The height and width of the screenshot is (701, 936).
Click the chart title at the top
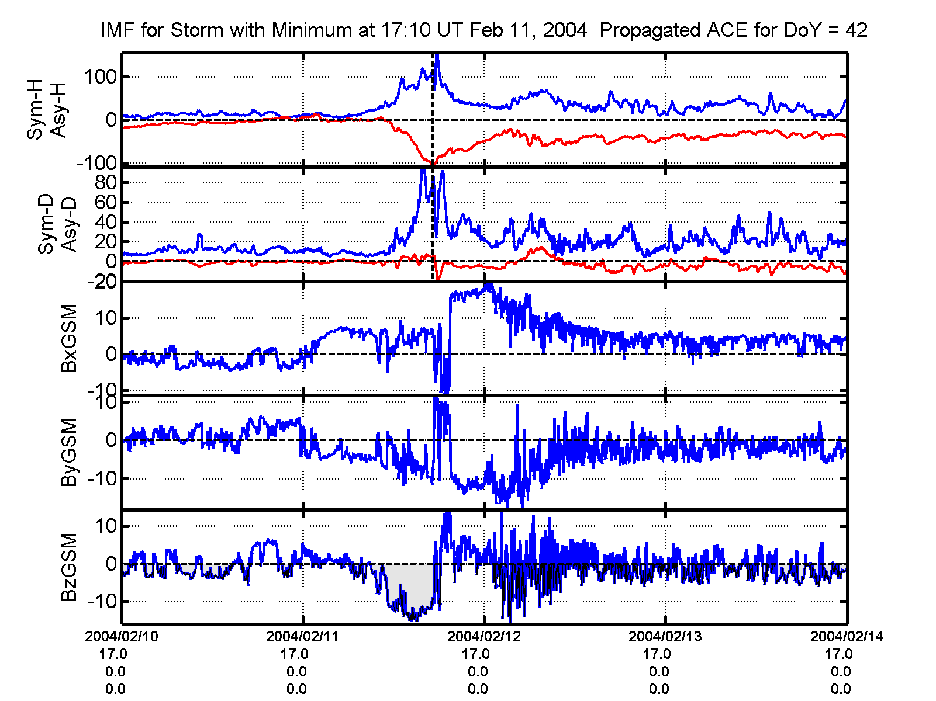pos(483,30)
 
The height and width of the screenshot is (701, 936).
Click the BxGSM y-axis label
pos(69,338)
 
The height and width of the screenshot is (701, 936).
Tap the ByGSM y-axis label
pos(69,452)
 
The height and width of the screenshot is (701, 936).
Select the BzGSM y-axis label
pos(69,567)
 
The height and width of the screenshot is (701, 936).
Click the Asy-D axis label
pos(69,224)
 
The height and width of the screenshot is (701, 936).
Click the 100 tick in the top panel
pos(100,77)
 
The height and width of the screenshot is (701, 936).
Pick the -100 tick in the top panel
pos(96,164)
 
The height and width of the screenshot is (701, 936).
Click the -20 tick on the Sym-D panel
pos(102,282)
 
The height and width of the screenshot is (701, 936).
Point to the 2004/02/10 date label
pos(122,636)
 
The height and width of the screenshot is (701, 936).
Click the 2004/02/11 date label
pos(302,636)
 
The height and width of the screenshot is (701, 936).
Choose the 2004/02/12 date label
pos(483,636)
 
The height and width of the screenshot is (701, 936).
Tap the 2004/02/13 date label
pos(665,636)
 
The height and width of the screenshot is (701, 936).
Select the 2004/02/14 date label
pos(846,636)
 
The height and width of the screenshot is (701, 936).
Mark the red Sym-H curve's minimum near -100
pos(432,164)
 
